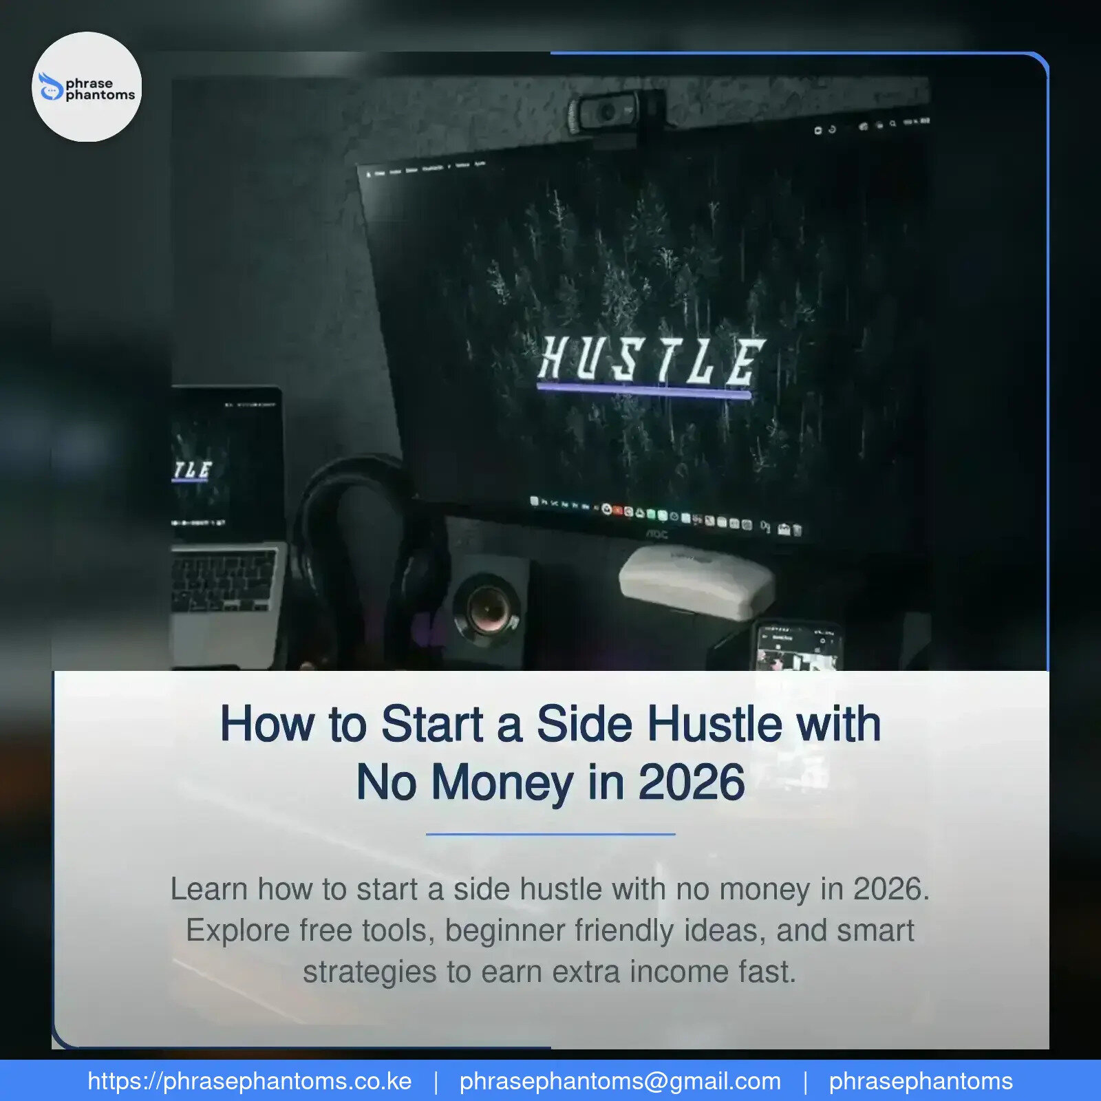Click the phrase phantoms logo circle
[x=87, y=87]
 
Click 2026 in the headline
[x=692, y=783]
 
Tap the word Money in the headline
[x=502, y=783]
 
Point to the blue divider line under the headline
[x=550, y=834]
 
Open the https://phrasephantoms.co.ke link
[x=250, y=1081]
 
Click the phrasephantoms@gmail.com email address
[x=620, y=1081]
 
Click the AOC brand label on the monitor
[x=656, y=535]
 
